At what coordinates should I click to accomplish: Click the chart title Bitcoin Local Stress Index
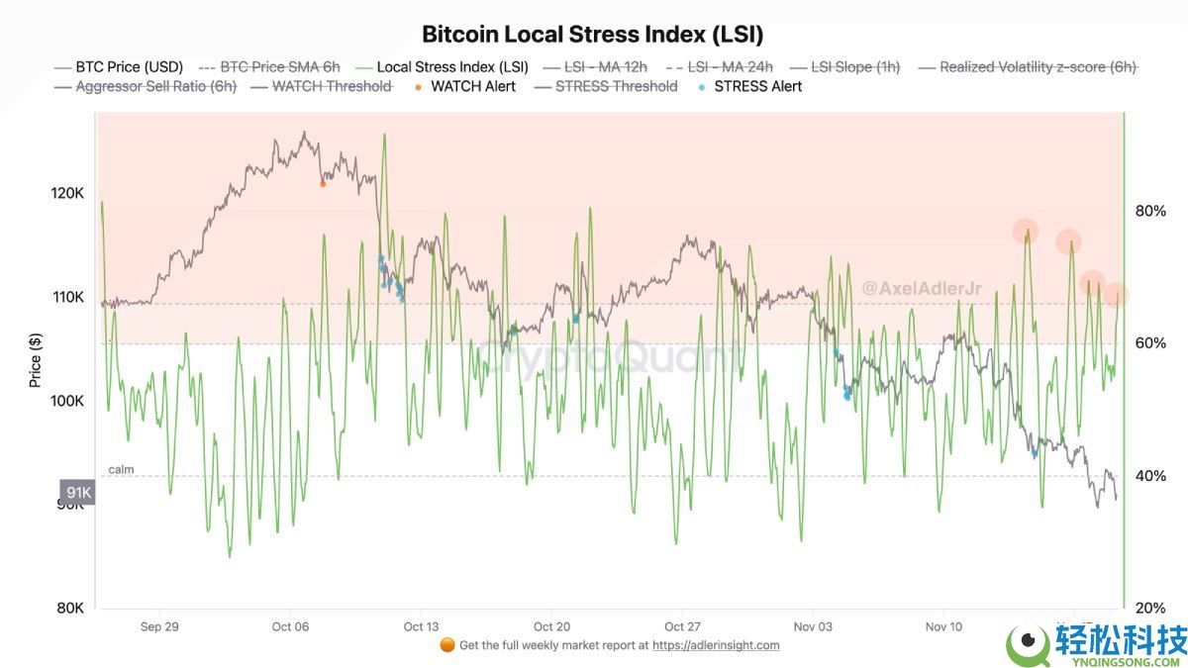pyautogui.click(x=592, y=34)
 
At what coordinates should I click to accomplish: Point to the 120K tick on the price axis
pyautogui.click(x=66, y=193)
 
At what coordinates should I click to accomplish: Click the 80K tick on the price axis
pyautogui.click(x=69, y=609)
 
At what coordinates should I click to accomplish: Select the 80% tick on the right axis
pyautogui.click(x=1149, y=211)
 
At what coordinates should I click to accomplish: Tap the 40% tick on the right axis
pyautogui.click(x=1149, y=476)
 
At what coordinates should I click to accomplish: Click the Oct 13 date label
pyautogui.click(x=421, y=626)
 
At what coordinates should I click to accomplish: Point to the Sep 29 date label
pyautogui.click(x=159, y=626)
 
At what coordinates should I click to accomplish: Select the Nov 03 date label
pyautogui.click(x=813, y=626)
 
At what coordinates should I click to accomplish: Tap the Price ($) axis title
pyautogui.click(x=36, y=360)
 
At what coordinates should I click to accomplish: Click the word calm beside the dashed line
pyautogui.click(x=121, y=469)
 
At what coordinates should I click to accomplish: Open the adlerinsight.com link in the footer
pyautogui.click(x=716, y=645)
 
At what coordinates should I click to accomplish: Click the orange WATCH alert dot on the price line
pyautogui.click(x=323, y=183)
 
